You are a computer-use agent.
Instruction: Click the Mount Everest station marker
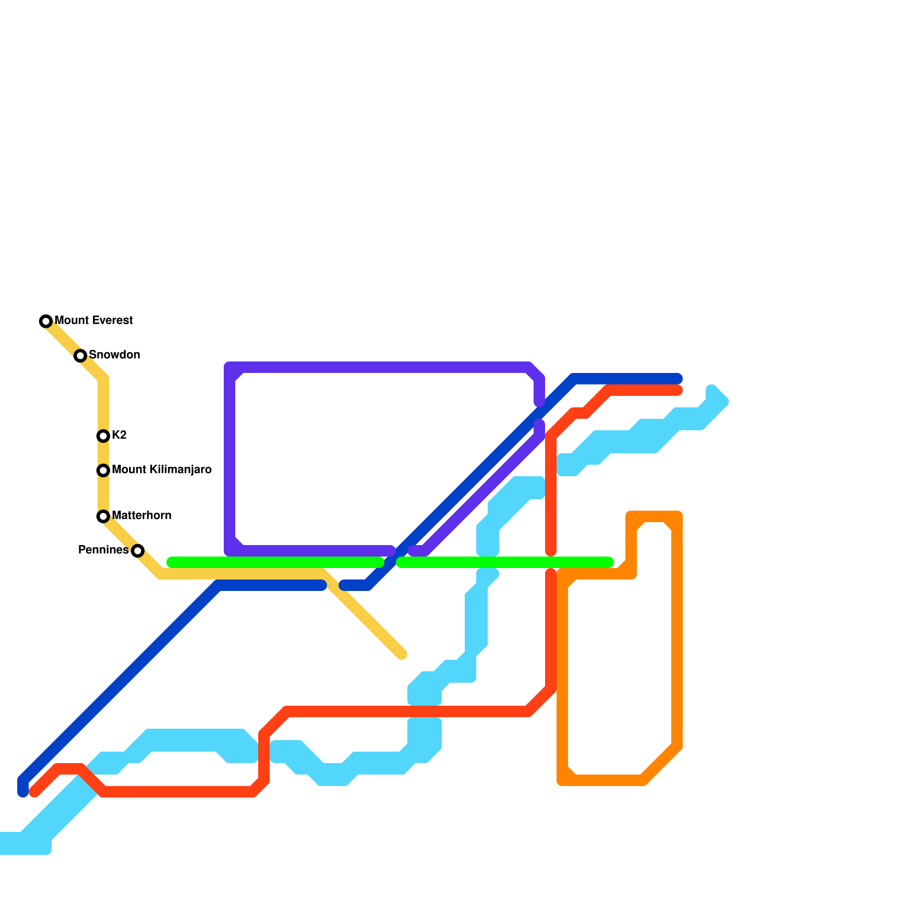click(46, 321)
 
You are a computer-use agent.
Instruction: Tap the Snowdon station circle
click(80, 356)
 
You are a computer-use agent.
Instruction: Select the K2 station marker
click(103, 436)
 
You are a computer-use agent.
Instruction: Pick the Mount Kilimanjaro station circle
click(103, 470)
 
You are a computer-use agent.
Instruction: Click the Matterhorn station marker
click(103, 516)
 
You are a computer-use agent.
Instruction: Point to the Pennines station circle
click(138, 551)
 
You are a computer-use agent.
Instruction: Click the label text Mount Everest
click(94, 320)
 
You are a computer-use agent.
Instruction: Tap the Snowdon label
click(114, 355)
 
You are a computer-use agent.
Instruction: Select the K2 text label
click(119, 435)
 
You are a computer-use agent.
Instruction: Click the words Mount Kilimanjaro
click(162, 469)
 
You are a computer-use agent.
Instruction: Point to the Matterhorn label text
click(142, 515)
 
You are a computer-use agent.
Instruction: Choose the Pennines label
click(103, 550)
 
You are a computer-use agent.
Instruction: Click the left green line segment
click(275, 562)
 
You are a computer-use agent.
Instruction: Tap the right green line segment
click(505, 562)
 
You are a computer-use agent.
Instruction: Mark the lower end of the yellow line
click(402, 654)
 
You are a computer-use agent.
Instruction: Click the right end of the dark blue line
click(678, 379)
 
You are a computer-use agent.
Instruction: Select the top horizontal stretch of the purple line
click(379, 367)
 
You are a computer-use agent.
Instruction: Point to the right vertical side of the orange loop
click(677, 631)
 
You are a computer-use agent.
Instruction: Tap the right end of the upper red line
click(678, 391)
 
